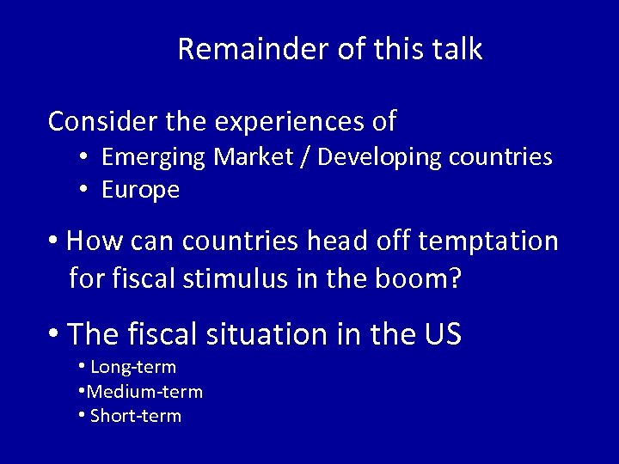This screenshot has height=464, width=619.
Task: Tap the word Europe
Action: tap(140, 190)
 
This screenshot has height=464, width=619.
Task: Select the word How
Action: tap(88, 241)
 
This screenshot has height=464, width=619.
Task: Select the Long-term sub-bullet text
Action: tap(133, 368)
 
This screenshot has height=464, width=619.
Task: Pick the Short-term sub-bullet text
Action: tap(136, 417)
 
